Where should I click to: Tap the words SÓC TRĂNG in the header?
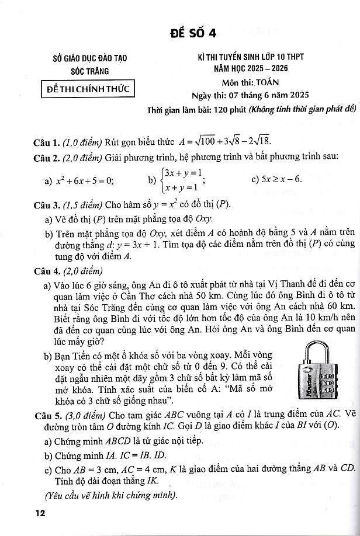click(x=90, y=71)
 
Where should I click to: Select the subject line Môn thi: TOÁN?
click(x=251, y=83)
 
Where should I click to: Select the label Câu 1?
click(x=48, y=141)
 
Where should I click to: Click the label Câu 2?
click(x=48, y=157)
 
